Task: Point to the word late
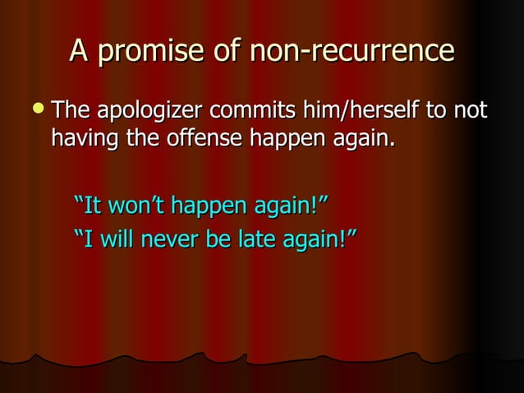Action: (248, 239)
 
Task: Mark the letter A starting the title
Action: (79, 52)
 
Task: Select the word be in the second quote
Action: (212, 239)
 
